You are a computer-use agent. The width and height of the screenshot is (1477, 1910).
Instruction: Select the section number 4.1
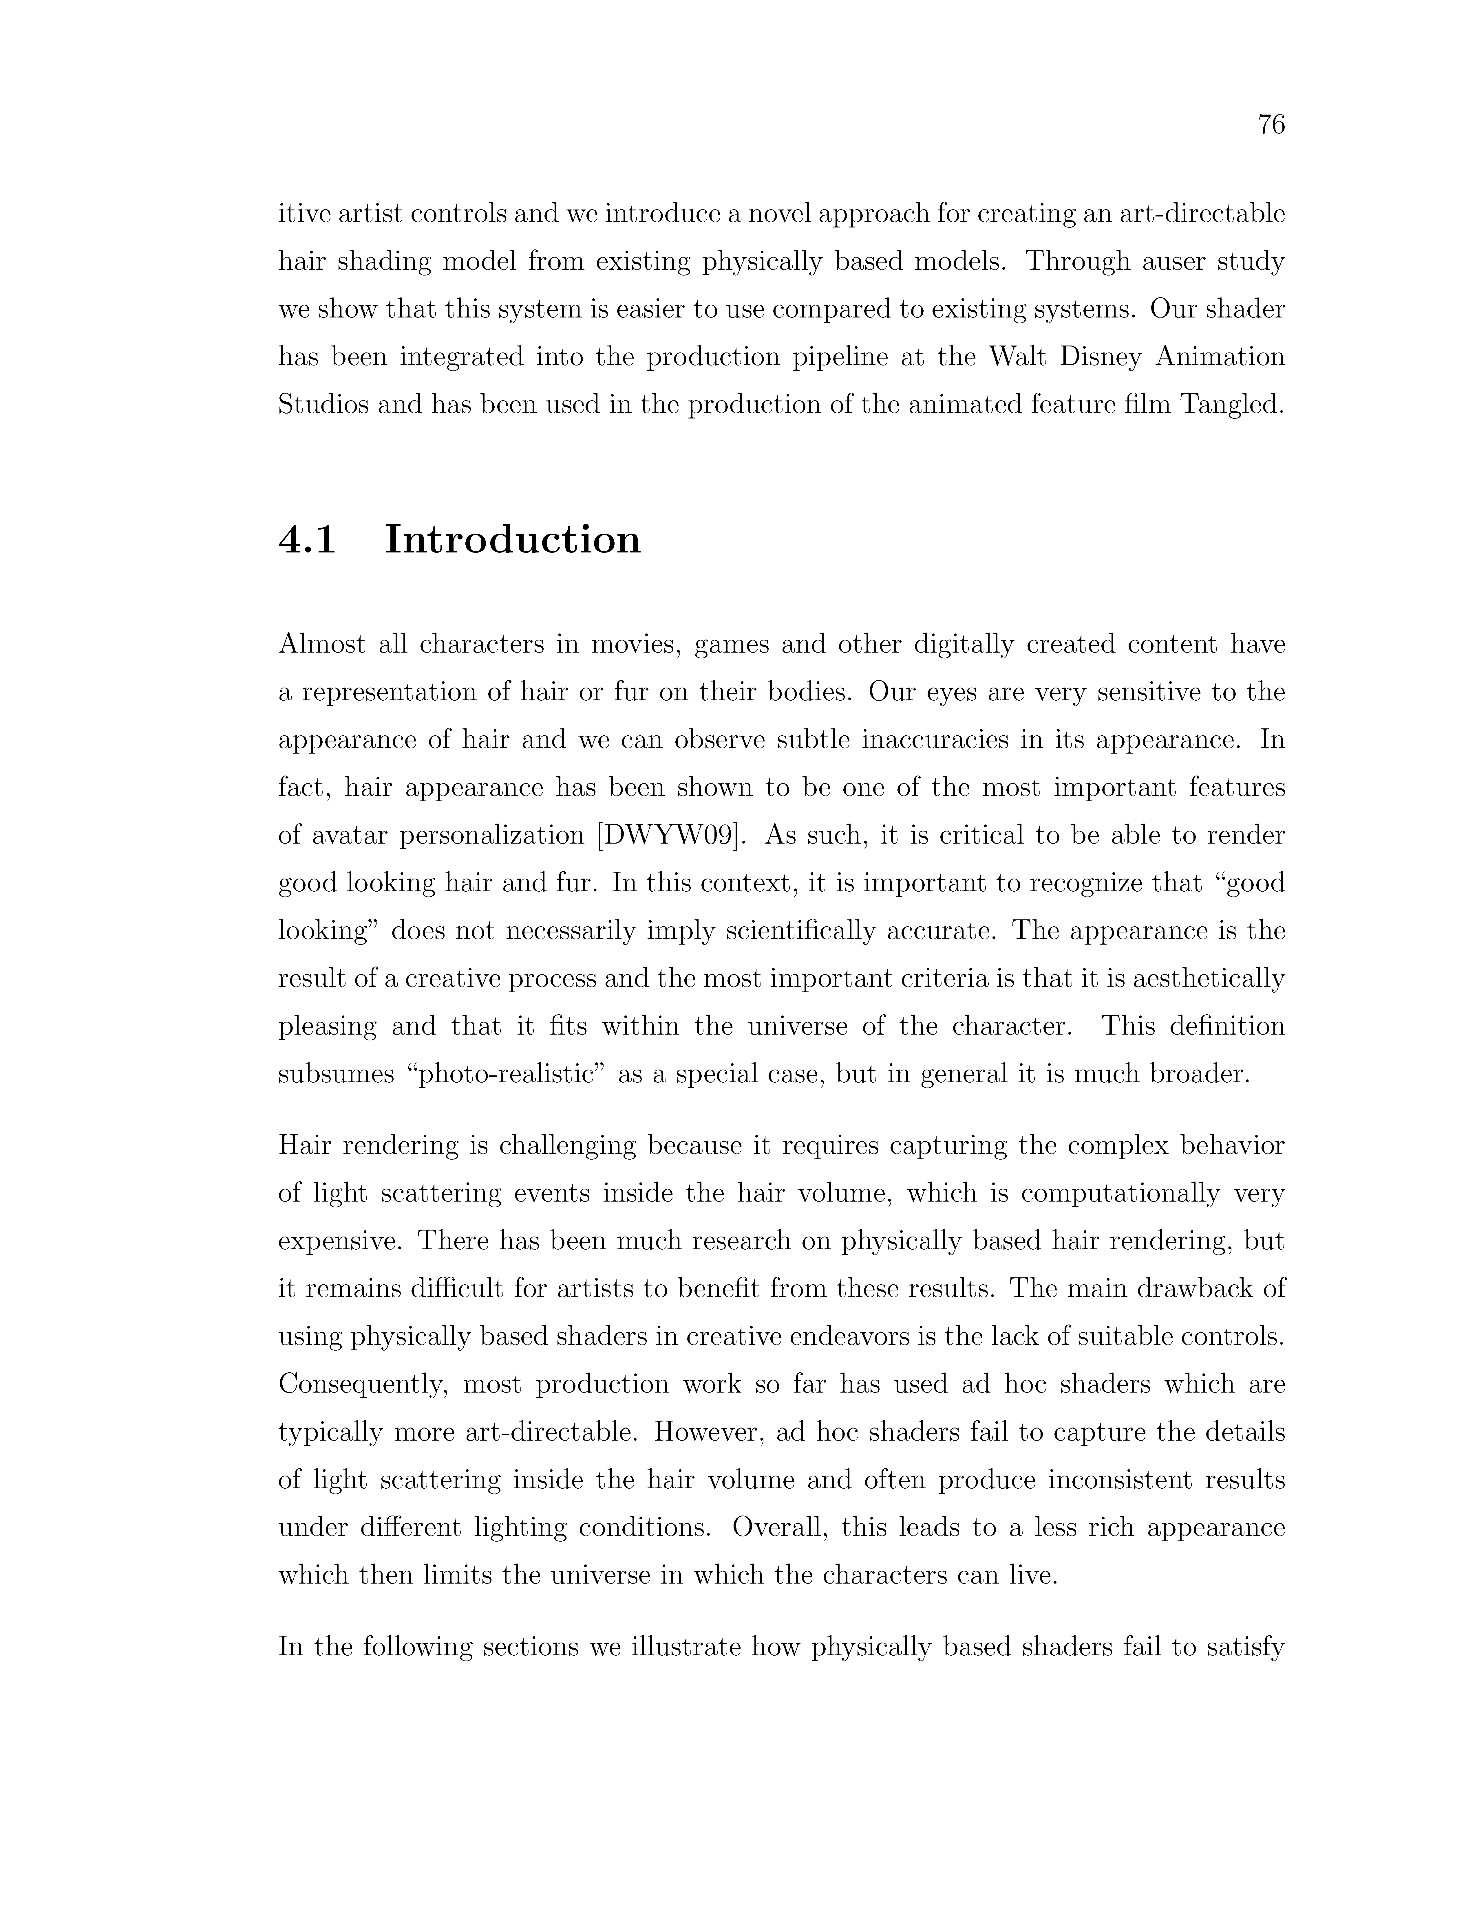tap(307, 540)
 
